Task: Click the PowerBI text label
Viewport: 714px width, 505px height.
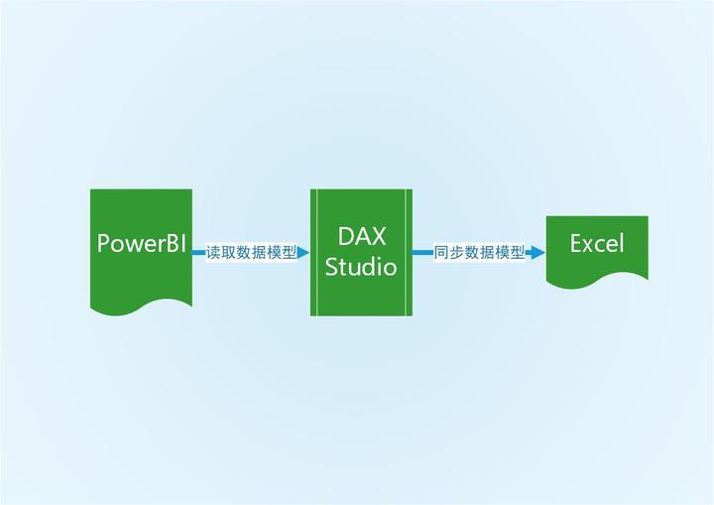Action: [x=142, y=244]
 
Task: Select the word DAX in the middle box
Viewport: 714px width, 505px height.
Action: [x=362, y=237]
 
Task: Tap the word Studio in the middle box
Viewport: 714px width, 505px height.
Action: [x=362, y=267]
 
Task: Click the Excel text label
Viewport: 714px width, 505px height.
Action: [x=597, y=243]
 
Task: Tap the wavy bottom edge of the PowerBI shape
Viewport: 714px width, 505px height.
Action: [x=141, y=307]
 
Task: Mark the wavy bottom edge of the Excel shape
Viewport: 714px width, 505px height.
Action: [x=597, y=281]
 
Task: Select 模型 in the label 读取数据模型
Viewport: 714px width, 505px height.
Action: [x=282, y=253]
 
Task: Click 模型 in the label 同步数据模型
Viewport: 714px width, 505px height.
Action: [x=510, y=253]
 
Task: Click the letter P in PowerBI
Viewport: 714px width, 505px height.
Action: [x=104, y=244]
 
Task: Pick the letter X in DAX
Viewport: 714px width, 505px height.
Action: [x=378, y=237]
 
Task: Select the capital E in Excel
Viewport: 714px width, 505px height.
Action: [x=577, y=243]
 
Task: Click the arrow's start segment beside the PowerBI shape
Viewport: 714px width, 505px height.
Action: [x=198, y=253]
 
